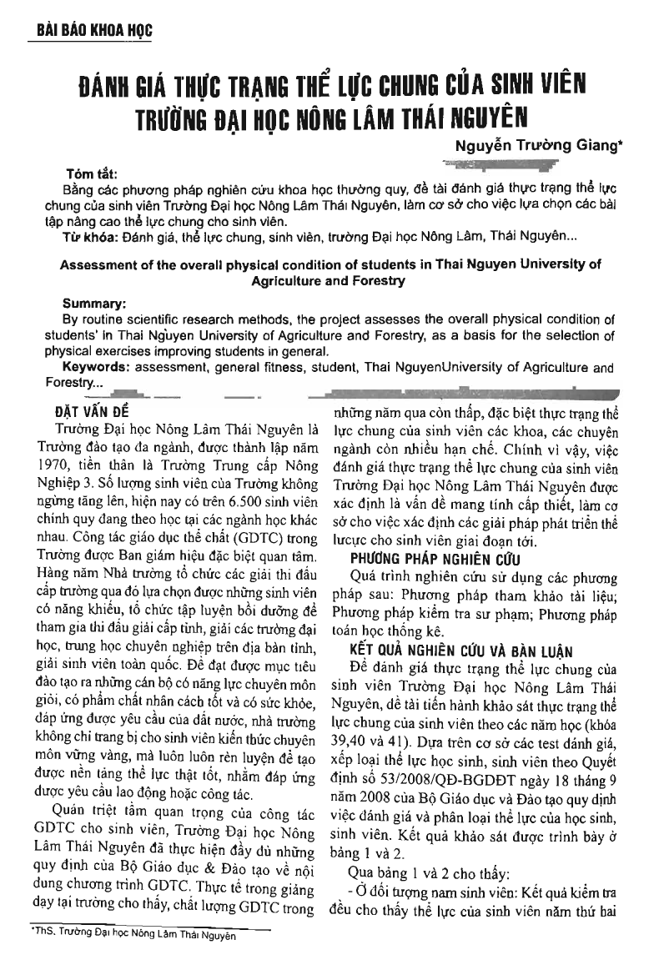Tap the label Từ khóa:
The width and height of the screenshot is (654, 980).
pos(91,236)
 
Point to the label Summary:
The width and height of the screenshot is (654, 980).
pos(94,304)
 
